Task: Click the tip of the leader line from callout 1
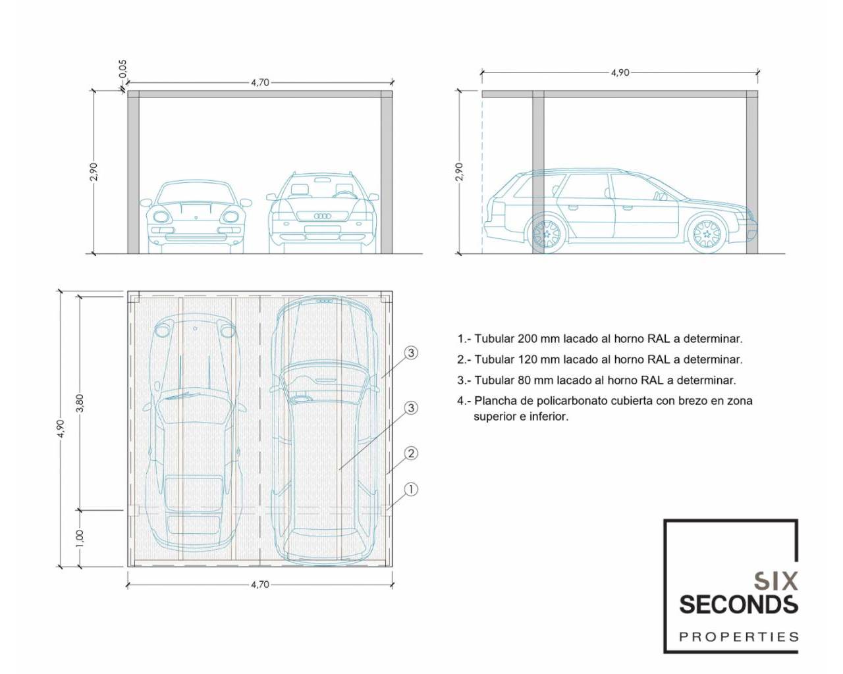386,510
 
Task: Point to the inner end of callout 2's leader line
386,475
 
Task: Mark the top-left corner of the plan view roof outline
128,292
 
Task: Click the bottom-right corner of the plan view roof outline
392,567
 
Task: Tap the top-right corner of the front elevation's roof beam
392,91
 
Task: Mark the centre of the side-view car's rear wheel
547,234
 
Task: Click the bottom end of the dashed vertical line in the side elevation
482,253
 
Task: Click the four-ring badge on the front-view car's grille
323,217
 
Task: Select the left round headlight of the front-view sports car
160,217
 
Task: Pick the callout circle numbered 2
411,454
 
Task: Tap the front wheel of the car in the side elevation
706,234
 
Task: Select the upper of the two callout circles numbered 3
411,353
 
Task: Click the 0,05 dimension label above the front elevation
123,69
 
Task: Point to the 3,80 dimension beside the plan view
80,403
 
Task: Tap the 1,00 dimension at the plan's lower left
80,540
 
